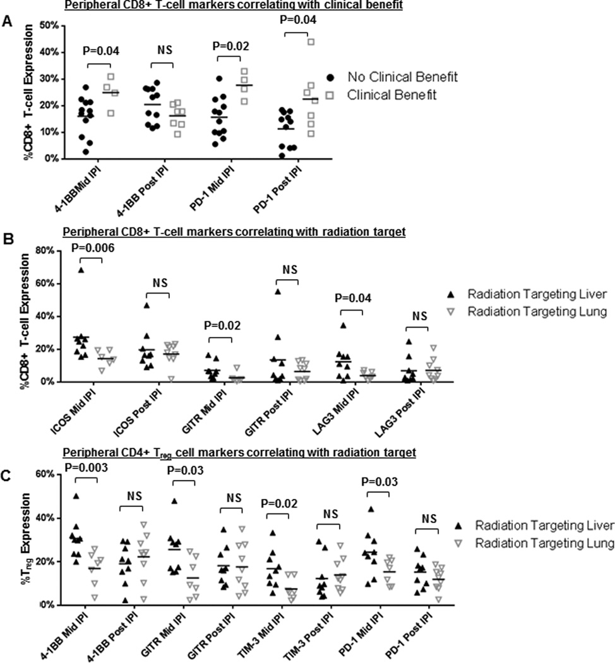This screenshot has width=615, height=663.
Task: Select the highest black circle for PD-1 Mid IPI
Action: click(x=219, y=79)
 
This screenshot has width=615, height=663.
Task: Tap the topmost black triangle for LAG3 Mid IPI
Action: click(x=344, y=325)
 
